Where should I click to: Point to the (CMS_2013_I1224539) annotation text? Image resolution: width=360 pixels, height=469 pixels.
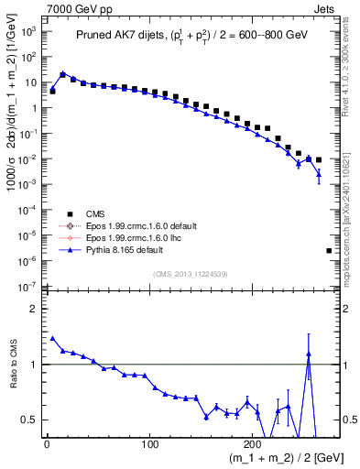(191, 273)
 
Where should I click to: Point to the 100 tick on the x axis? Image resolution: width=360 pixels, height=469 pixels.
(150, 445)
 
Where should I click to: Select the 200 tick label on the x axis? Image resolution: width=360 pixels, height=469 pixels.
(254, 445)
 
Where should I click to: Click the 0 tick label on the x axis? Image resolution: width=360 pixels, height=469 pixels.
(47, 445)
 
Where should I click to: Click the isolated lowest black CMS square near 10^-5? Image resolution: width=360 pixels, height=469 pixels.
(329, 250)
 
